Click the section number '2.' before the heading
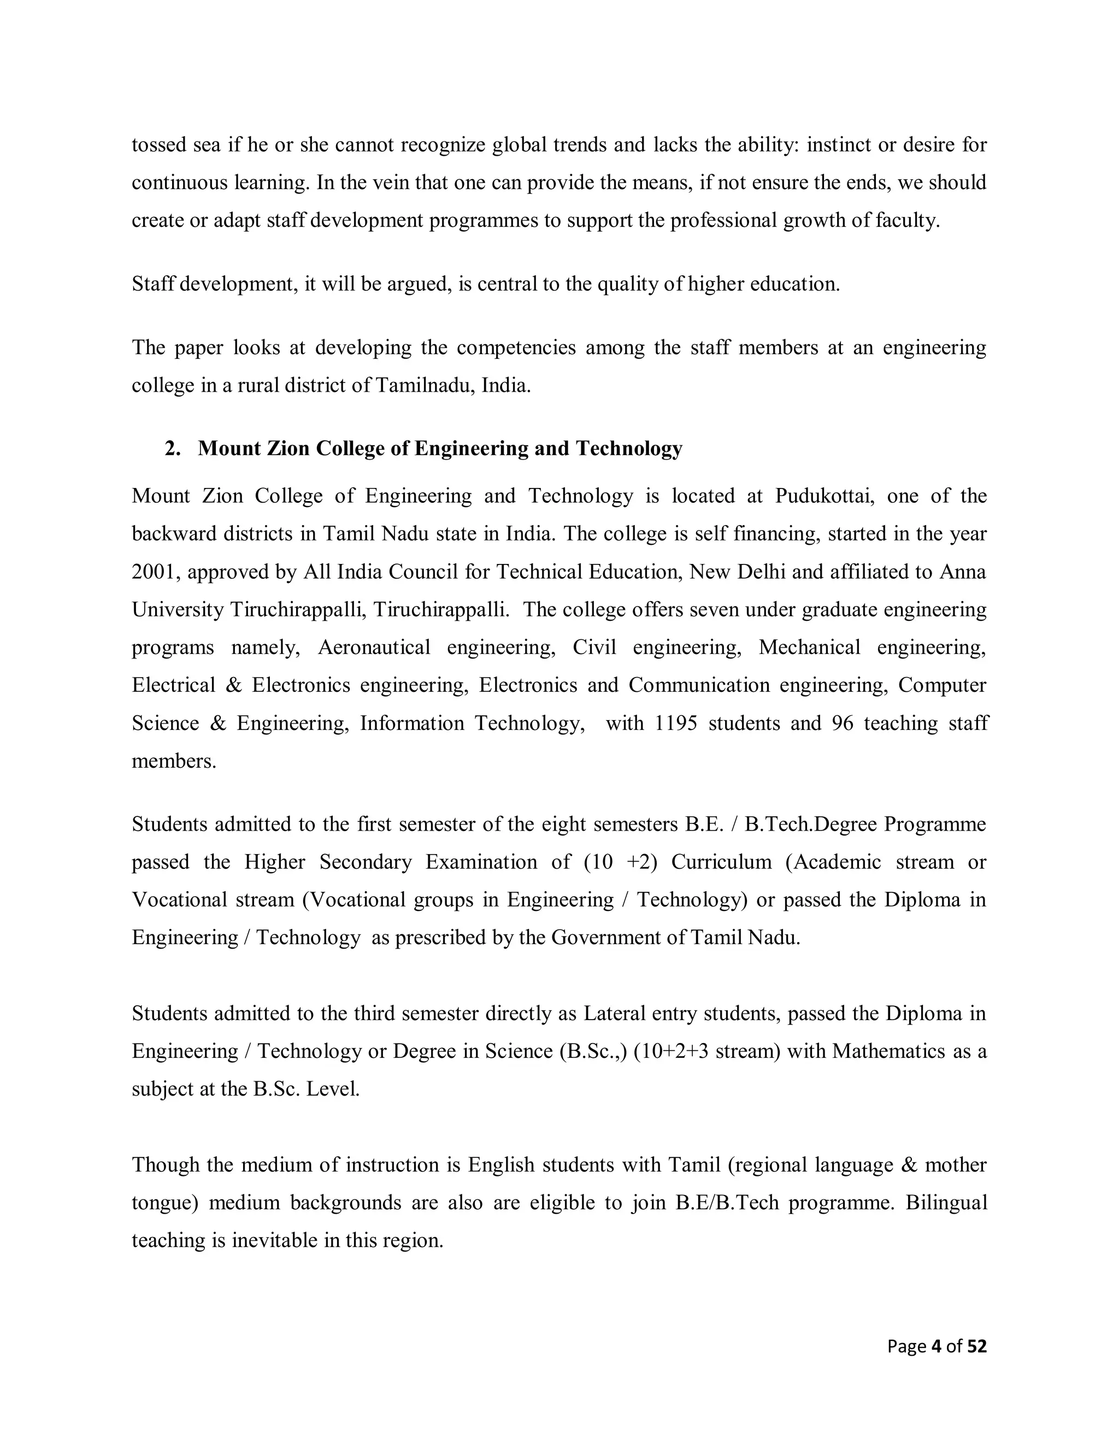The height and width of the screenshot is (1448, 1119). click(173, 449)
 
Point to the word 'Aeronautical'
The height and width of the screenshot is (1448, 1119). click(374, 647)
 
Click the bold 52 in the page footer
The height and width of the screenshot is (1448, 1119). click(976, 1346)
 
